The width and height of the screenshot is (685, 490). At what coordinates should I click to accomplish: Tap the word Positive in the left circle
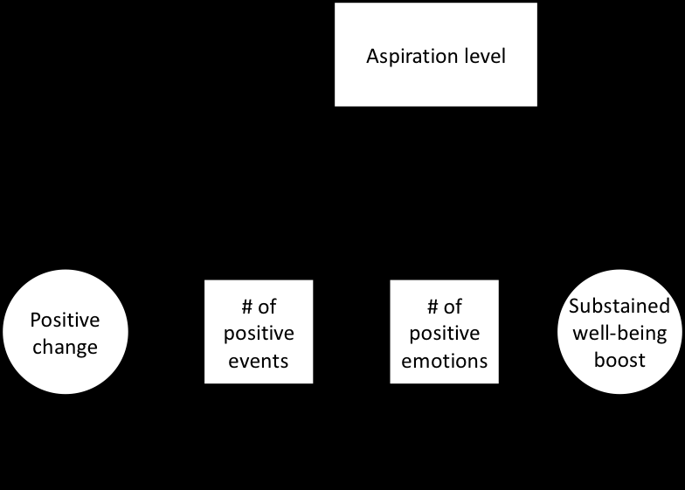point(66,320)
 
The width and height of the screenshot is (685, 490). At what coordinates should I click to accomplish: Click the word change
point(66,347)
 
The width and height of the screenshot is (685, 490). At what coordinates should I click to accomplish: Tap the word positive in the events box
point(259,334)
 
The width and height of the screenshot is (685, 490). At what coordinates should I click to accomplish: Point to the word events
point(259,360)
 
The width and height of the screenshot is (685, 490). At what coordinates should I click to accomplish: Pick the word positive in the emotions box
point(444,334)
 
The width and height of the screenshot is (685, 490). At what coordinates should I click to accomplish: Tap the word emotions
point(444,360)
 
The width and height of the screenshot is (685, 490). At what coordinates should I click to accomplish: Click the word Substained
point(619,307)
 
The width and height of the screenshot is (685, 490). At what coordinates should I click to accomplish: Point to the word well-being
point(619,333)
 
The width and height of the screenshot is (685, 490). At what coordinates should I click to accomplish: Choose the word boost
point(619,359)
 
